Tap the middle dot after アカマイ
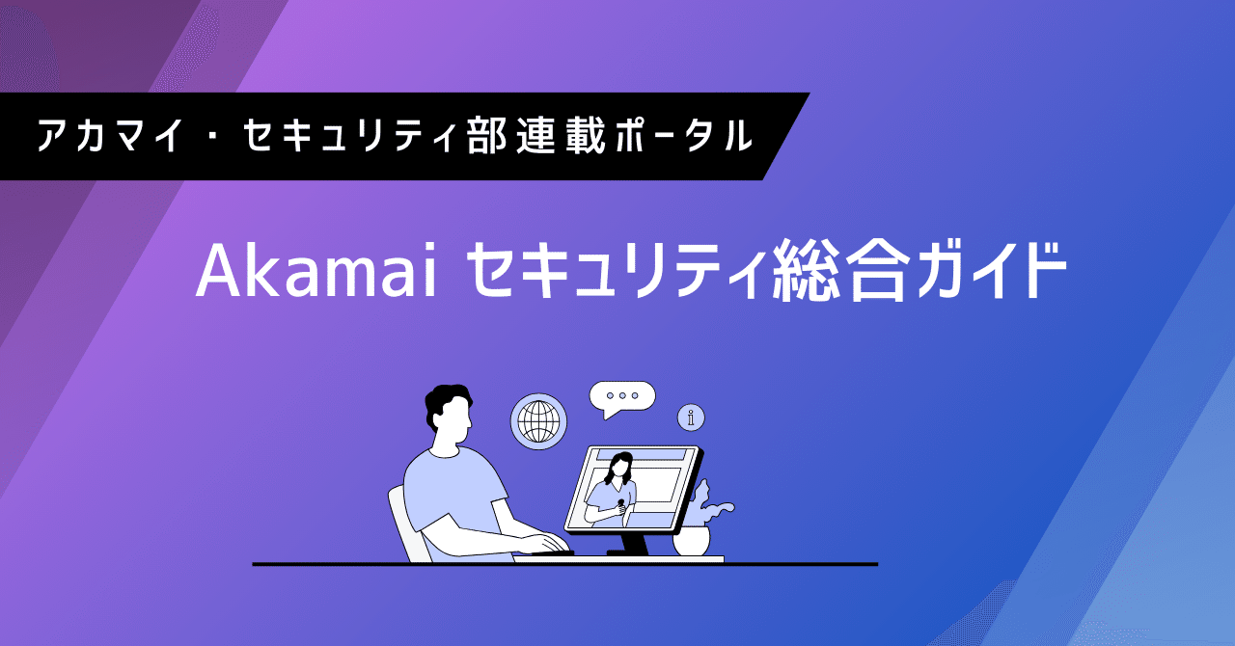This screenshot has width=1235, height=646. tap(206, 136)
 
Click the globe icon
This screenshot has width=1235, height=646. tap(538, 421)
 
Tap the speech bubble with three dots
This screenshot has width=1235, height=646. tap(623, 396)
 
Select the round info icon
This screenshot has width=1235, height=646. tap(691, 417)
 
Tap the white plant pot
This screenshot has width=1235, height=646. tap(691, 540)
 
